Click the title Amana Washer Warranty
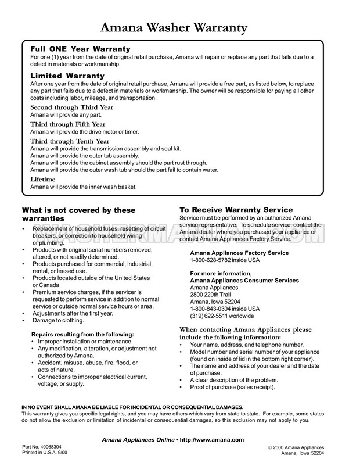[x=174, y=27]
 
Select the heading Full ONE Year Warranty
[x=80, y=49]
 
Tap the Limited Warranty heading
[x=67, y=76]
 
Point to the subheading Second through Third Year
[x=71, y=107]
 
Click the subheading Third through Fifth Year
[x=67, y=124]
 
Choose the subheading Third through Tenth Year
[x=69, y=141]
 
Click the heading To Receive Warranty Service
[x=236, y=210]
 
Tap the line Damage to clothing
[x=58, y=320]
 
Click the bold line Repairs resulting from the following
[x=82, y=334]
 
